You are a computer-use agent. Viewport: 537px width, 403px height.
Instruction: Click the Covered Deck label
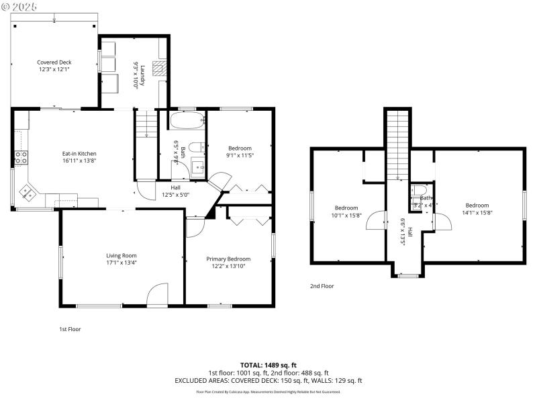[x=54, y=62]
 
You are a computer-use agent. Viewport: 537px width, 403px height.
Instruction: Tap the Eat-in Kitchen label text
[x=79, y=153]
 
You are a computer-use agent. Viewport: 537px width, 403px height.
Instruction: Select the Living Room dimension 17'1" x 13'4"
[x=121, y=263]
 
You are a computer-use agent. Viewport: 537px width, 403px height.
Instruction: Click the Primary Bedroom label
[x=228, y=259]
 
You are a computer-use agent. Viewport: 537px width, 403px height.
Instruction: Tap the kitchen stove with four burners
[x=21, y=159]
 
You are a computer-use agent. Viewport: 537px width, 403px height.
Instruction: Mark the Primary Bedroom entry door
[x=195, y=228]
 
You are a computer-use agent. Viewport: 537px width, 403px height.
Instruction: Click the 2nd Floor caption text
[x=322, y=286]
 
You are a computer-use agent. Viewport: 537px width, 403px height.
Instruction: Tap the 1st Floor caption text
[x=70, y=329]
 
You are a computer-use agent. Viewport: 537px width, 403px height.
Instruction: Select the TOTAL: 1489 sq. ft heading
[x=268, y=365]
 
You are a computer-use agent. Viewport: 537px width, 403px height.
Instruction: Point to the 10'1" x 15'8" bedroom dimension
[x=346, y=216]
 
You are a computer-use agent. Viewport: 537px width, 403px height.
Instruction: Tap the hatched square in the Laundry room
[x=158, y=67]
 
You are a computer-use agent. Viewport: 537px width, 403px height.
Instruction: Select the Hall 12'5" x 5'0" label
[x=176, y=191]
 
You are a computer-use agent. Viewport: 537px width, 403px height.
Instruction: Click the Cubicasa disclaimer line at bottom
[x=268, y=392]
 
